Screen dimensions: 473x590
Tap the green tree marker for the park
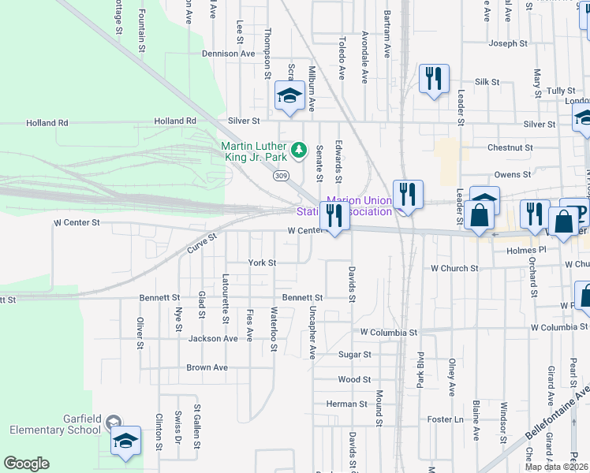coord(298,149)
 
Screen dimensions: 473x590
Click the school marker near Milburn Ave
coord(289,96)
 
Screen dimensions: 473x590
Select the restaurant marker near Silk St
coord(434,78)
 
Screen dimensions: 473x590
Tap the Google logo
coord(26,464)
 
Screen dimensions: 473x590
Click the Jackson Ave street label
coord(213,339)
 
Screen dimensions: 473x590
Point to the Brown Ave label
coord(207,368)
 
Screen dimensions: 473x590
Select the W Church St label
coord(454,269)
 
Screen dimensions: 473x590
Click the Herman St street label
coord(347,404)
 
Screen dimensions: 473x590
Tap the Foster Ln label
coord(446,420)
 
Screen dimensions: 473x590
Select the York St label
coord(262,263)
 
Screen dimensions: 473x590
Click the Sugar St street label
coord(354,356)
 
